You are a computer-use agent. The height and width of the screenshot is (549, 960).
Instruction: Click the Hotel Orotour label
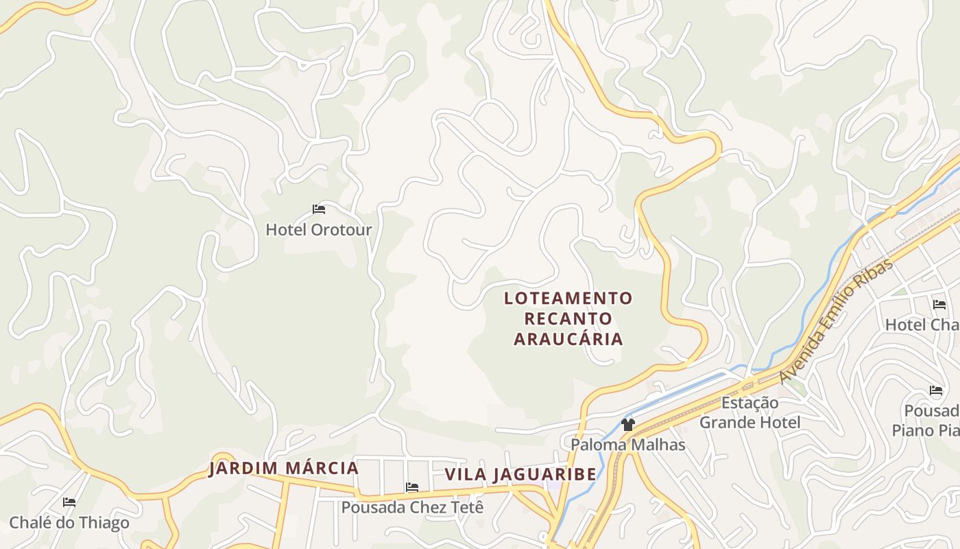click(x=319, y=229)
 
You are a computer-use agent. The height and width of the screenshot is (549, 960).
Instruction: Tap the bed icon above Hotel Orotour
click(x=319, y=209)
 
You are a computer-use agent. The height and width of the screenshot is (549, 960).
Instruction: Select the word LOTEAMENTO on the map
click(x=568, y=299)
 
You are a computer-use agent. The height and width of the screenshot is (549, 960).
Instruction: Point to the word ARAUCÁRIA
click(x=568, y=339)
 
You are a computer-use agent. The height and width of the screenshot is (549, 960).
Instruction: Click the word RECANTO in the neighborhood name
click(x=568, y=319)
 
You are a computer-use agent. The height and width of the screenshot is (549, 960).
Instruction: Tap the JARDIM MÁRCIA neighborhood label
click(x=284, y=469)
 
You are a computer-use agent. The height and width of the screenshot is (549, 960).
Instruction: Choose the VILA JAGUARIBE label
click(x=520, y=474)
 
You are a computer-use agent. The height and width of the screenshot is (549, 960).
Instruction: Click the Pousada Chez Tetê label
click(x=413, y=508)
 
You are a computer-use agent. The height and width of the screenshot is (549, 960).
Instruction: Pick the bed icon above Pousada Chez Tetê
click(x=412, y=487)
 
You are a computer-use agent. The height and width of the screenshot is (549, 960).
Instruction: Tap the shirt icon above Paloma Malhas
click(x=627, y=424)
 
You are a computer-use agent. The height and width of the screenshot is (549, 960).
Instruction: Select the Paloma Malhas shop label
click(x=628, y=445)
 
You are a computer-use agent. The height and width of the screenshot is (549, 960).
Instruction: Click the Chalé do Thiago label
click(x=69, y=523)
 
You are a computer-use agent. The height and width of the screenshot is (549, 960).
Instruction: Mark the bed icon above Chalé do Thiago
click(x=69, y=502)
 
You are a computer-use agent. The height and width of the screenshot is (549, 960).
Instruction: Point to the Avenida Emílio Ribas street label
click(x=837, y=320)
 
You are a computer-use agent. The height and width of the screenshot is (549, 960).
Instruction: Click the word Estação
click(x=749, y=403)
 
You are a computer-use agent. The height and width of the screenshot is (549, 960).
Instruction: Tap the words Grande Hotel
click(x=749, y=422)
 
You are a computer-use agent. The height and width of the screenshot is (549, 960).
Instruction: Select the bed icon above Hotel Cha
click(x=939, y=304)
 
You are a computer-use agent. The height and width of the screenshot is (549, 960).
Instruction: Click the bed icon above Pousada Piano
click(x=936, y=390)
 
